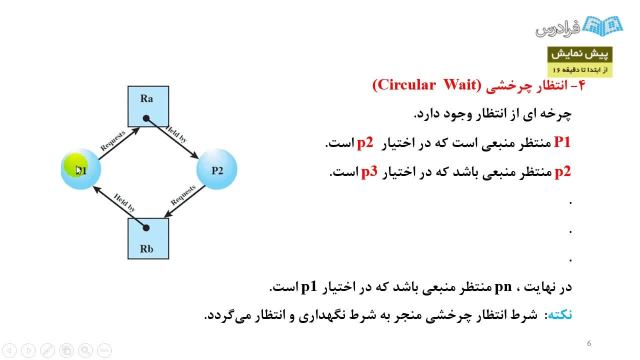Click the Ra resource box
(x=148, y=106)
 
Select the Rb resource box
(x=148, y=238)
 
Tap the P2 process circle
(x=216, y=169)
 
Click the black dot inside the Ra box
(x=146, y=118)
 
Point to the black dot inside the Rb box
(x=146, y=227)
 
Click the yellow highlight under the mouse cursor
(x=75, y=165)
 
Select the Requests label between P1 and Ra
(x=113, y=140)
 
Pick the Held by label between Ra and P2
(x=176, y=134)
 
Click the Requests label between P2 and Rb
(x=183, y=195)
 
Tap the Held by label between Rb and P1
(x=124, y=202)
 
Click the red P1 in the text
(x=562, y=142)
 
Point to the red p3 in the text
(x=369, y=171)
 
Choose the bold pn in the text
(x=503, y=287)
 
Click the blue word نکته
(x=559, y=314)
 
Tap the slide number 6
(x=589, y=343)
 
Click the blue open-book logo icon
(x=602, y=26)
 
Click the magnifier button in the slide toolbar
(x=85, y=350)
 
